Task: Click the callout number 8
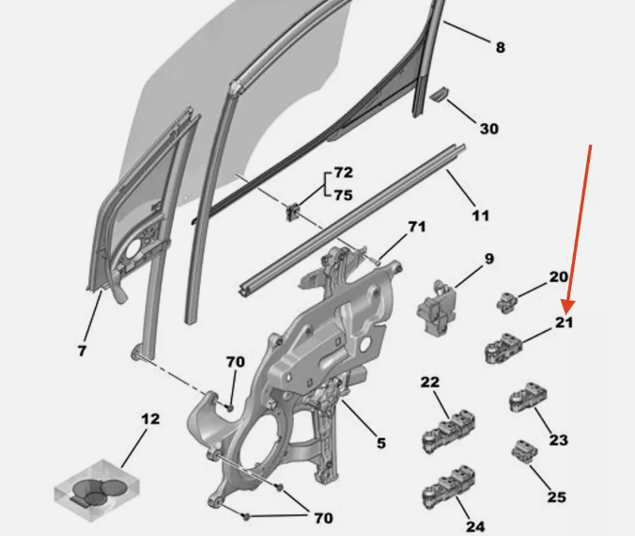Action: click(x=501, y=47)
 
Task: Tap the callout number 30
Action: click(x=489, y=129)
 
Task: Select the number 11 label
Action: click(x=481, y=215)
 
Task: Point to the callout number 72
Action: click(x=344, y=173)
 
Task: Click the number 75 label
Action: click(x=344, y=196)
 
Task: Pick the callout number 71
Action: click(x=417, y=227)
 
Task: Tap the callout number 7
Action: click(x=83, y=351)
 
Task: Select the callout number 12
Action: click(x=150, y=418)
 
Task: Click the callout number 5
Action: click(x=381, y=443)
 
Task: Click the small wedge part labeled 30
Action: click(x=438, y=94)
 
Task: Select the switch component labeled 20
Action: click(x=506, y=303)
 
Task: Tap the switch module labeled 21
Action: click(x=503, y=348)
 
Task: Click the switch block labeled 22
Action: click(x=448, y=431)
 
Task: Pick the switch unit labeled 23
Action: click(x=528, y=398)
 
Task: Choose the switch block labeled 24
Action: click(x=448, y=486)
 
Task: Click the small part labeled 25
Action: click(x=525, y=450)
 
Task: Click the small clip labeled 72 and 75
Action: click(x=293, y=212)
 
